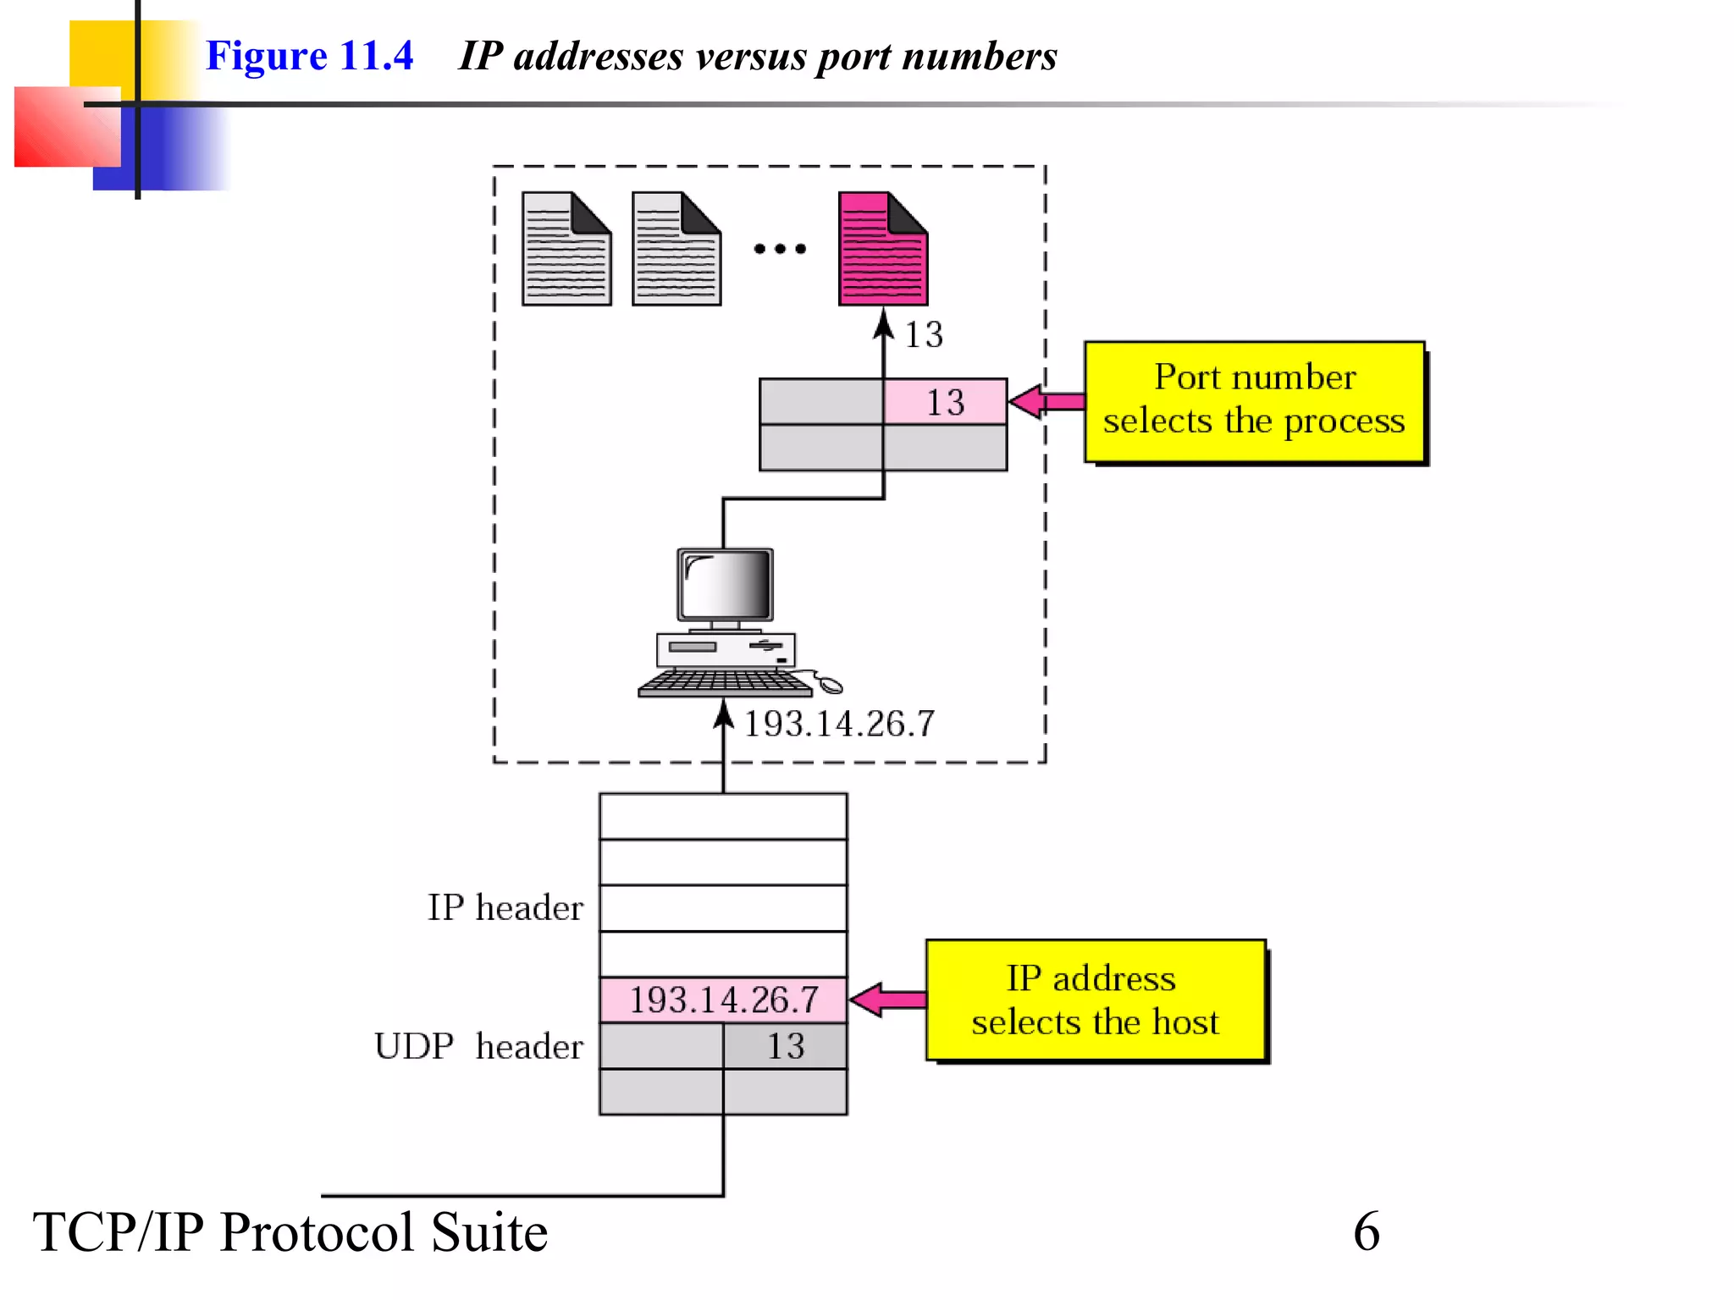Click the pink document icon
[881, 250]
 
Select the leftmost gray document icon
[566, 250]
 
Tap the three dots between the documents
[780, 249]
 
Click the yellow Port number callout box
[1254, 401]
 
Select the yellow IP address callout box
[1095, 1000]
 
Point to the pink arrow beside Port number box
[1046, 401]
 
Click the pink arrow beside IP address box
[887, 1000]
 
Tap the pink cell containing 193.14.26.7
[723, 1000]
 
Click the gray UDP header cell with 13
[785, 1046]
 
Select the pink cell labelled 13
[945, 401]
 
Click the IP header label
[505, 907]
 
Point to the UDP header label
[478, 1046]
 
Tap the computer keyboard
[725, 683]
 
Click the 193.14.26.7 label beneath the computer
[838, 724]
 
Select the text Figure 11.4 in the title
[309, 56]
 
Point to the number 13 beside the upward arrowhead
[924, 334]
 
